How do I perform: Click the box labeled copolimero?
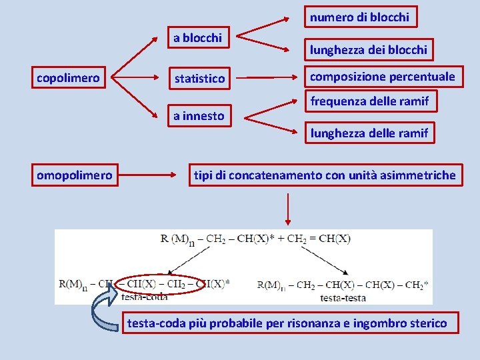(68, 78)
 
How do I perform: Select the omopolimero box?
(75, 175)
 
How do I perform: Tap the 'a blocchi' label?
(197, 38)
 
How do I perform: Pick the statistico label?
(199, 79)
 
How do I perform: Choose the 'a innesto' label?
(199, 116)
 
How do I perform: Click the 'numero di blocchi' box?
(359, 17)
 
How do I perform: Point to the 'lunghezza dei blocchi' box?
(367, 49)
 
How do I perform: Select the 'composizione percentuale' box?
(383, 77)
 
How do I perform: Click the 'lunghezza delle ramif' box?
(369, 133)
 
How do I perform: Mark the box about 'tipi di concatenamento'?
(325, 175)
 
